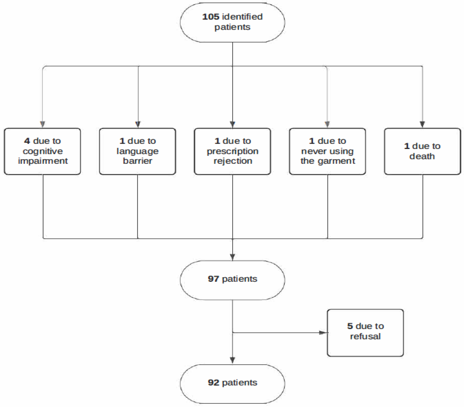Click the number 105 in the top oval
(211, 17)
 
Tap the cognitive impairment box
(42, 151)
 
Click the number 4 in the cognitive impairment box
(27, 141)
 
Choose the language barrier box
(137, 151)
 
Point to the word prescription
(232, 151)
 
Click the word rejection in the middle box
(233, 161)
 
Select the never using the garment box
(327, 151)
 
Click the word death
(422, 156)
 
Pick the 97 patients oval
(232, 280)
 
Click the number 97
(213, 279)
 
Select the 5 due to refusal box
(365, 333)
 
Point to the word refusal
(365, 337)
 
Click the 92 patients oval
(232, 384)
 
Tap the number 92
(213, 383)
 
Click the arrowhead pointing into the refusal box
(323, 333)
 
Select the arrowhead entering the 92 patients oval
(232, 360)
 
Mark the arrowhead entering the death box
(422, 124)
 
